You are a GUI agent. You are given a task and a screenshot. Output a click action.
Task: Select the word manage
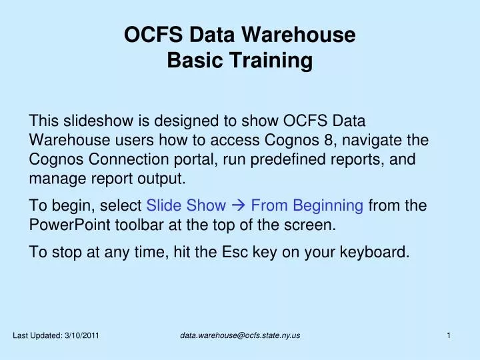pos(53,179)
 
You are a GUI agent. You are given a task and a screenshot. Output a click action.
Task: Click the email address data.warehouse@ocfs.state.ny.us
pos(240,335)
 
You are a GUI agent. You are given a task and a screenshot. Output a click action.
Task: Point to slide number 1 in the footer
pos(449,335)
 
